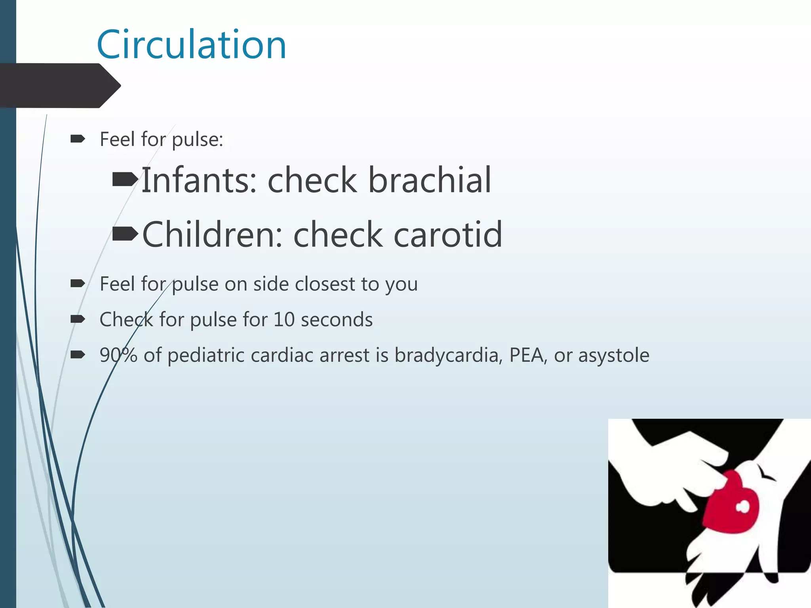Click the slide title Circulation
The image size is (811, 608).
tap(191, 44)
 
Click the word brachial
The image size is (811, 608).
tap(430, 180)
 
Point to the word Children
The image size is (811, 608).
tap(212, 235)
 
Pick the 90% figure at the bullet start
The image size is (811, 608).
tap(118, 355)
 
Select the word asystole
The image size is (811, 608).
tap(614, 355)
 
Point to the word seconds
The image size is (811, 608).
tap(337, 319)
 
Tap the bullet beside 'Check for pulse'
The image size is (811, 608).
tap(78, 319)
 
